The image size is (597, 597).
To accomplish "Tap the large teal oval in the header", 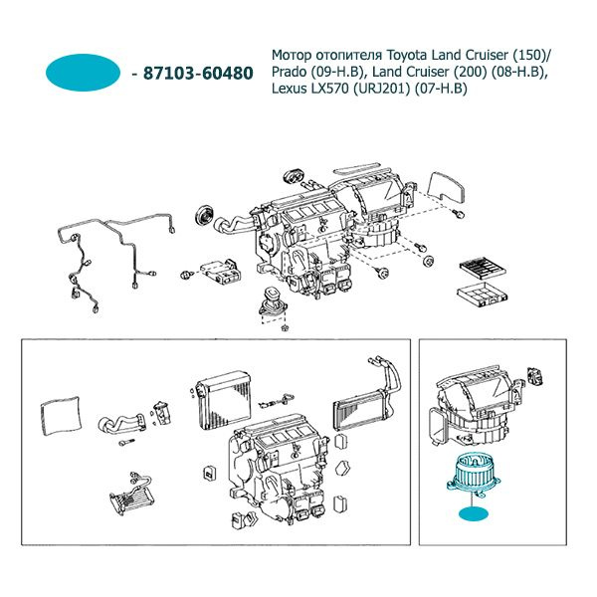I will coord(84,73).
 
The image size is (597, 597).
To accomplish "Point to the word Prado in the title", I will coord(294,72).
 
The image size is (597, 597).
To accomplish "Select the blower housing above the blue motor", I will coord(476,403).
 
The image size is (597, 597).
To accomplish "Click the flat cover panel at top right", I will coord(442,185).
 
